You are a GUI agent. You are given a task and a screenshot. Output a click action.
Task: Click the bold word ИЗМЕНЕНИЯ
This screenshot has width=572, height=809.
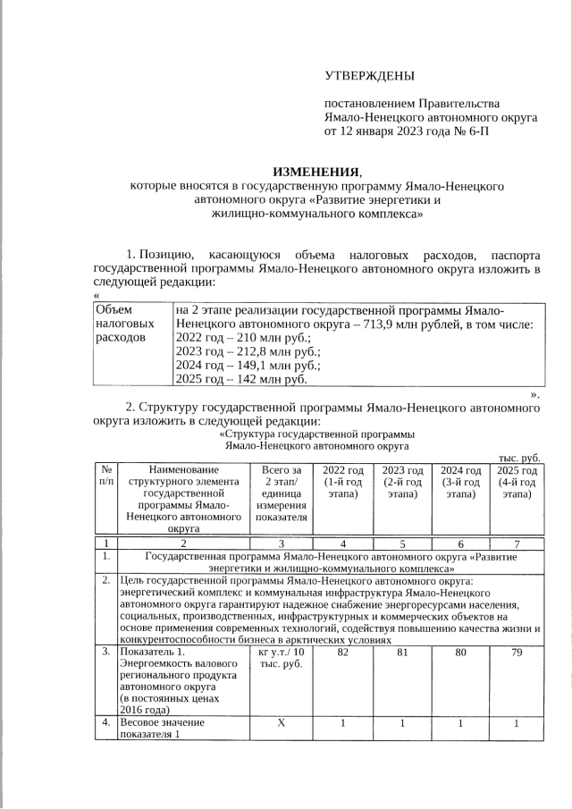318,171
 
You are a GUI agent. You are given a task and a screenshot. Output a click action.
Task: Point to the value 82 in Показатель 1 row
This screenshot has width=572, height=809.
342,654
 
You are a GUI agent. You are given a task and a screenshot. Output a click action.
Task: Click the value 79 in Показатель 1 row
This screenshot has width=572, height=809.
517,654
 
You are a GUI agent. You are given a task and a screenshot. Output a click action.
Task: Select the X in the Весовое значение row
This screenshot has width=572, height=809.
281,722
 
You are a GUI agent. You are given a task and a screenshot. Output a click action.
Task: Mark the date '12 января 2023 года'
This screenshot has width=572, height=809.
395,131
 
